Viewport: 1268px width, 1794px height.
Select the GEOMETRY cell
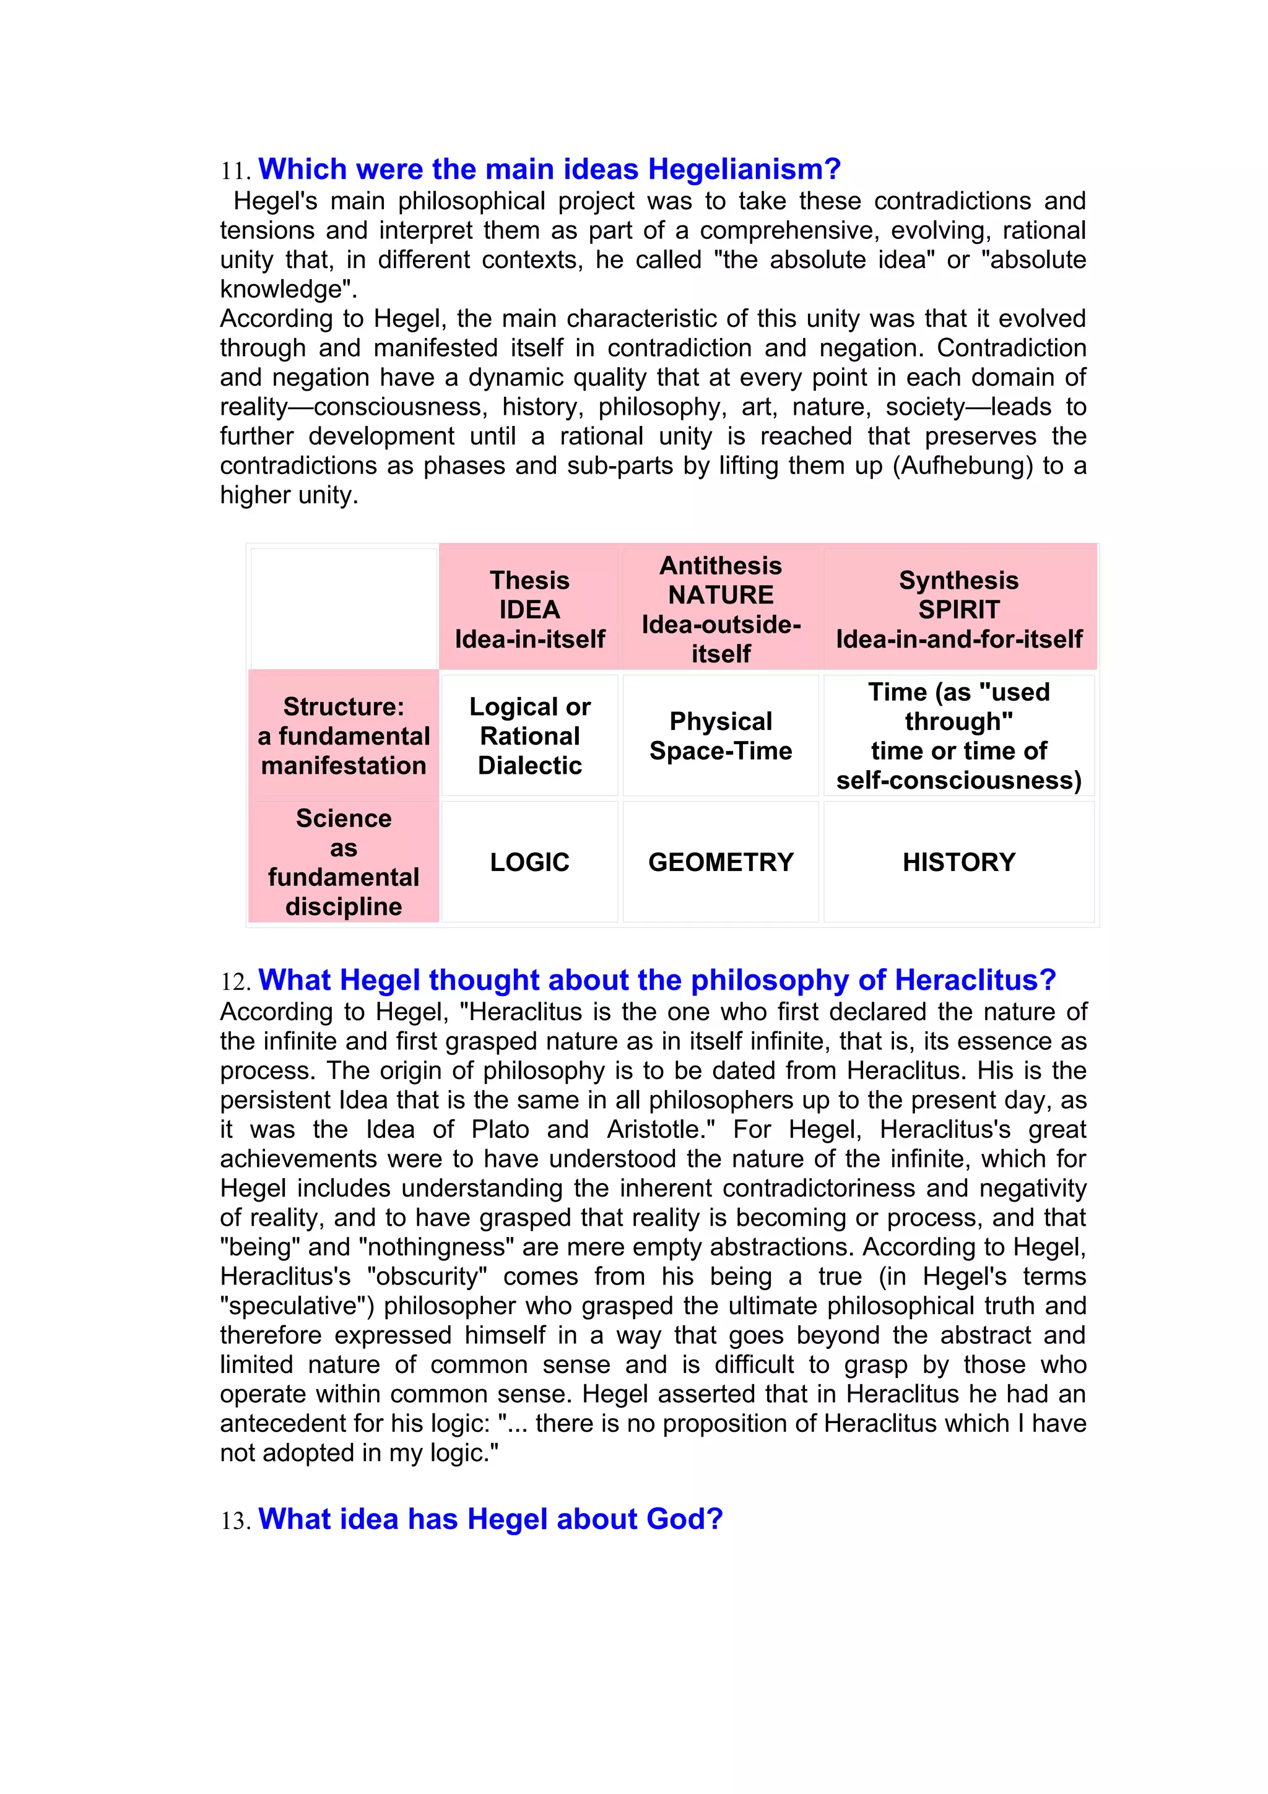(720, 862)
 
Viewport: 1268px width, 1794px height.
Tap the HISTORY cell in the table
(958, 862)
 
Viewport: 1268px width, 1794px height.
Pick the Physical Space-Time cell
(720, 735)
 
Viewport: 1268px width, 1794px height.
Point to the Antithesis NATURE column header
(720, 609)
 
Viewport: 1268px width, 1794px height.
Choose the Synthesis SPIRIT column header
(958, 609)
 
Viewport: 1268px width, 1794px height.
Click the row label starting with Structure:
(343, 735)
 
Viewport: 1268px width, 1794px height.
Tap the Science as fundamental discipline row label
(343, 862)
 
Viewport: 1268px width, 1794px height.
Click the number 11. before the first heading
(235, 171)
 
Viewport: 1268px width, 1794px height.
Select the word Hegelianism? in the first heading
(744, 170)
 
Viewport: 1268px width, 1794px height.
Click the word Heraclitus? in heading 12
(975, 980)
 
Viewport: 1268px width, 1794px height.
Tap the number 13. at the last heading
(235, 1521)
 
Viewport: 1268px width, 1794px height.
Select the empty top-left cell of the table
(343, 609)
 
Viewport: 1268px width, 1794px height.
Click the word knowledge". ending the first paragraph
(289, 289)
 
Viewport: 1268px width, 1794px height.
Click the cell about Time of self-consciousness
(958, 735)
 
